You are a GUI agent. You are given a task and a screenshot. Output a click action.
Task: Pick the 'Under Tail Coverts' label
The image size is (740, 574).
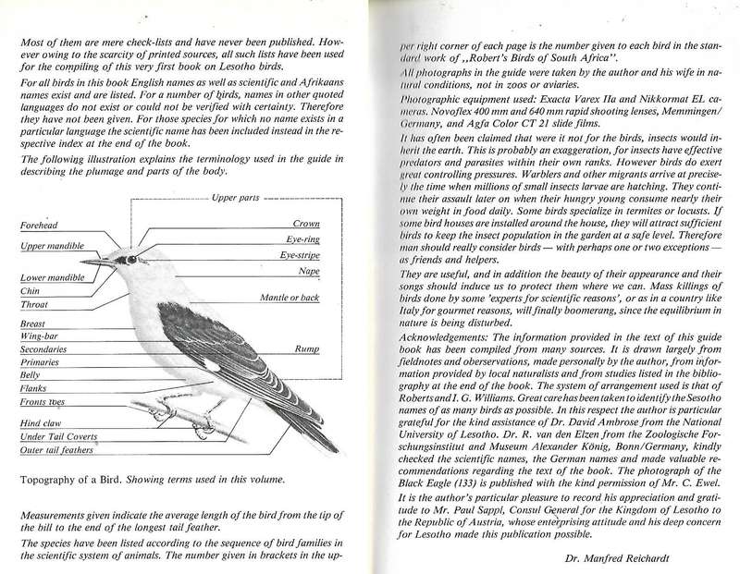pos(58,434)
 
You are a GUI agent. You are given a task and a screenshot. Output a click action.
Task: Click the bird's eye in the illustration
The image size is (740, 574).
pos(131,259)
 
